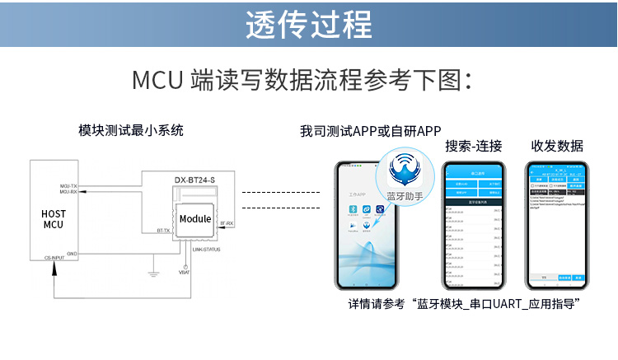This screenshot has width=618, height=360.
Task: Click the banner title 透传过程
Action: [309, 24]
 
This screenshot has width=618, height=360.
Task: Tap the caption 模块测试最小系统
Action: [130, 130]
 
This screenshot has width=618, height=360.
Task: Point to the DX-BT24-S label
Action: [194, 179]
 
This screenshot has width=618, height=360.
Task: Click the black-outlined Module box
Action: [195, 219]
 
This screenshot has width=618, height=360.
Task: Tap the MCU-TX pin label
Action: [69, 187]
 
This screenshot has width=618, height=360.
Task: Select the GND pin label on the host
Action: [72, 253]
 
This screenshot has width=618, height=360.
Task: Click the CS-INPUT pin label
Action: [55, 258]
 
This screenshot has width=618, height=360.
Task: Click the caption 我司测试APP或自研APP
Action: [371, 131]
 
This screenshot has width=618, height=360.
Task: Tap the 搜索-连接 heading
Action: [473, 146]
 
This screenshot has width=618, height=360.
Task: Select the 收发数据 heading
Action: [557, 146]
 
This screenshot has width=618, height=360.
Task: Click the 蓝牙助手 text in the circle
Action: [405, 195]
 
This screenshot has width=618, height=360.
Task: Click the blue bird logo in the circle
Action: [405, 169]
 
